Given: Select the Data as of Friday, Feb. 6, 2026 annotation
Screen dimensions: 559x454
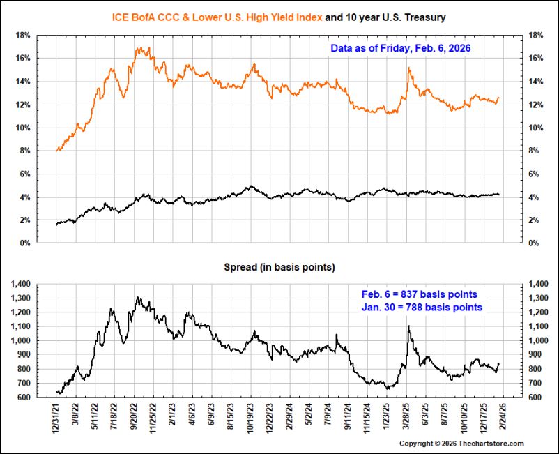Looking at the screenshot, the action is (x=400, y=48).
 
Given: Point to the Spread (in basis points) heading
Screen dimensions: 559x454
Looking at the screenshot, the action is (x=279, y=267).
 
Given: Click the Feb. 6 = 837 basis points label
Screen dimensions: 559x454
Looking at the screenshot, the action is (x=420, y=294).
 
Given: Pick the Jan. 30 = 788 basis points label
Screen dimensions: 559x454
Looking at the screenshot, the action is (x=422, y=307).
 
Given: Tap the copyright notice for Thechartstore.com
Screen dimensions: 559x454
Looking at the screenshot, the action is (x=461, y=444).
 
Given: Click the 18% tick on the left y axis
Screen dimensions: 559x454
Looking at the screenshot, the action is (x=23, y=36).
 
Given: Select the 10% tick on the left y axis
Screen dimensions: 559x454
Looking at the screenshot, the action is (x=23, y=128).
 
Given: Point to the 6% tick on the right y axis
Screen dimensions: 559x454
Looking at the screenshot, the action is (x=535, y=174).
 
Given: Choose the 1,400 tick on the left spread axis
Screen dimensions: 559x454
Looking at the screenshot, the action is (x=21, y=285).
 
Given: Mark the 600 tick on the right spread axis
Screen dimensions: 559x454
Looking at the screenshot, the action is (x=534, y=398).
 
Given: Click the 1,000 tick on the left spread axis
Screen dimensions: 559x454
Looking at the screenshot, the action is (x=21, y=340).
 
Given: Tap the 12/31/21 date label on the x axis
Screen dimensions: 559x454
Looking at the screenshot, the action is (x=56, y=418).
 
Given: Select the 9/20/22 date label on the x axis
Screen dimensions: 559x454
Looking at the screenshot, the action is (x=134, y=417).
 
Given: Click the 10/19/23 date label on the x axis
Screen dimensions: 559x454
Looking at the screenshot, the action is (x=251, y=418).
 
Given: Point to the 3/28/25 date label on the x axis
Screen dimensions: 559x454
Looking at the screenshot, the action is (x=406, y=417).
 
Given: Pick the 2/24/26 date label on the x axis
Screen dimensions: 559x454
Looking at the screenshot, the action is (x=503, y=417).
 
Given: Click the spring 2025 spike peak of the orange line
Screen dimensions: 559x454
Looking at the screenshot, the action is (x=408, y=68).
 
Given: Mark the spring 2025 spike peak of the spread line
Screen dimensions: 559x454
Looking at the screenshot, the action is (x=408, y=326).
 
